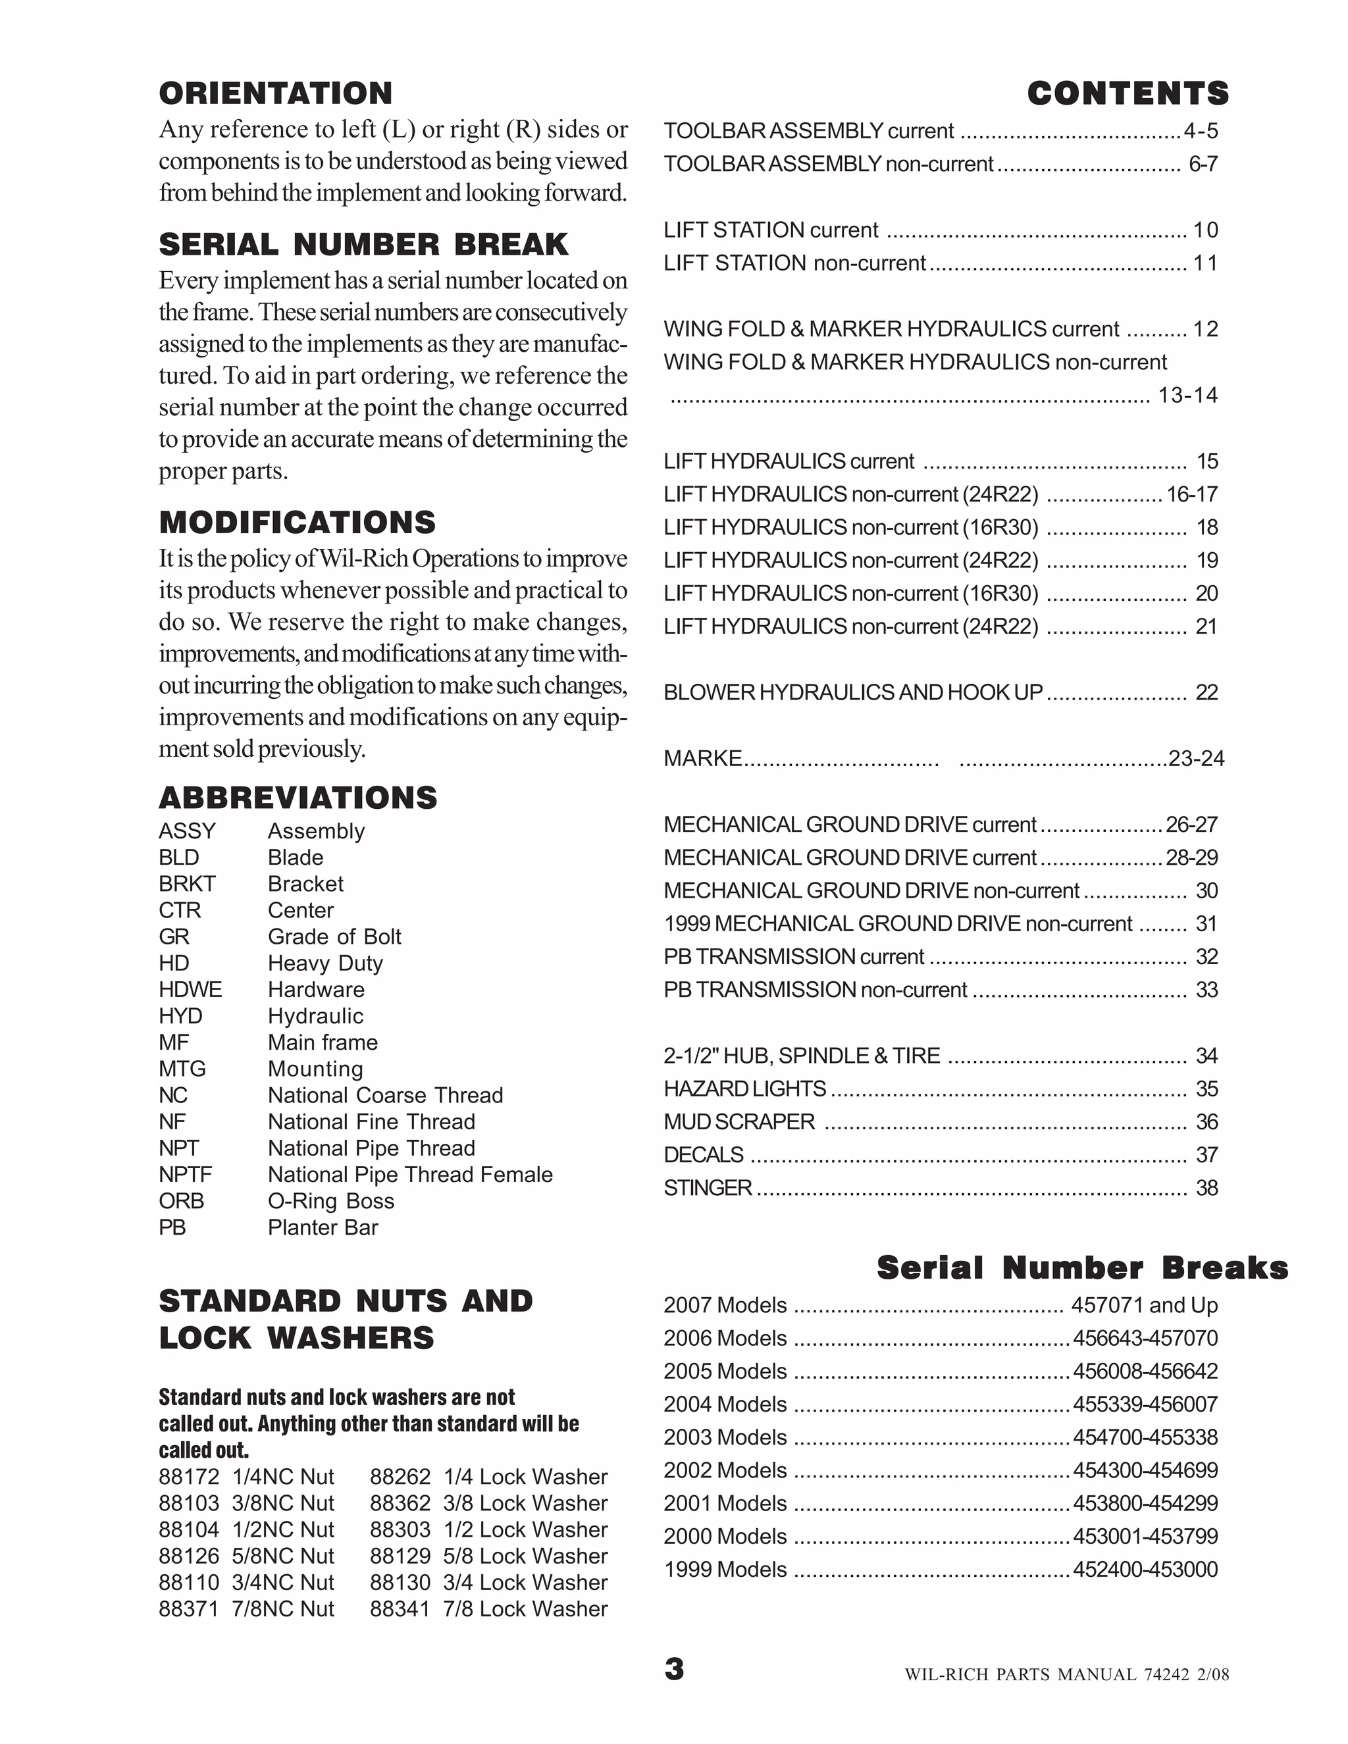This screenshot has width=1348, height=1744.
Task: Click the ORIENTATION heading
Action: tap(276, 93)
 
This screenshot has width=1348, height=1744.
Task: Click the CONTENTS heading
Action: tap(1127, 93)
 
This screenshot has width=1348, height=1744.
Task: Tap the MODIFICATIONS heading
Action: tap(297, 523)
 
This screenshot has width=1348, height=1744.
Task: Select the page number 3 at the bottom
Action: tap(674, 1669)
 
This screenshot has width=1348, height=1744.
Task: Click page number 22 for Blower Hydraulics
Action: tap(1206, 692)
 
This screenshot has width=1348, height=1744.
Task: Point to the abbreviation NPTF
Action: tap(185, 1175)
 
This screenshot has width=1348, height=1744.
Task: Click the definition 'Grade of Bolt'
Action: tap(334, 936)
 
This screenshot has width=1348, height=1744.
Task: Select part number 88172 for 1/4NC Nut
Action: tap(188, 1477)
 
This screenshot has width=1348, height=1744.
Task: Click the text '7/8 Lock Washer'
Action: tap(525, 1608)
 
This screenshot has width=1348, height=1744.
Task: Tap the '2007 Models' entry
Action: tap(725, 1305)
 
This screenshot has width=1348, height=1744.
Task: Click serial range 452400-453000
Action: tap(1145, 1569)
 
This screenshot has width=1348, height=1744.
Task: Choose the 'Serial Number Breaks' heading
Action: tap(1082, 1268)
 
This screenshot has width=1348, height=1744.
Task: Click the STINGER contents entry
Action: tap(708, 1187)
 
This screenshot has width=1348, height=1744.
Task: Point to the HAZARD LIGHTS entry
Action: tap(744, 1089)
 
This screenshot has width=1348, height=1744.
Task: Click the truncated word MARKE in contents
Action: tap(703, 757)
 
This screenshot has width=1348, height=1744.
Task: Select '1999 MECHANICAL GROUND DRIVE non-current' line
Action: tap(898, 924)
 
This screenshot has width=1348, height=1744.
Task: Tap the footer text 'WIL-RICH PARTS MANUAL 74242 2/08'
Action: tap(1066, 1674)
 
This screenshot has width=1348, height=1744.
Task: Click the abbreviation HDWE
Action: tap(190, 989)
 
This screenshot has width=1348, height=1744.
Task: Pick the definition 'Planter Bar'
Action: tap(323, 1227)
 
